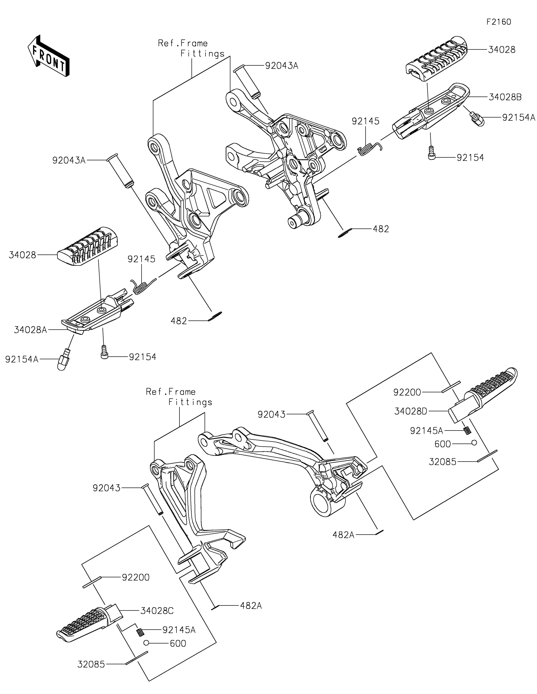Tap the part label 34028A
(31, 330)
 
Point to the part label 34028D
(411, 411)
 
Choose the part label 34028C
(157, 611)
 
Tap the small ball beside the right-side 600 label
(474, 443)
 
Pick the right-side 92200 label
(407, 392)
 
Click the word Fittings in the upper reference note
(203, 54)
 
